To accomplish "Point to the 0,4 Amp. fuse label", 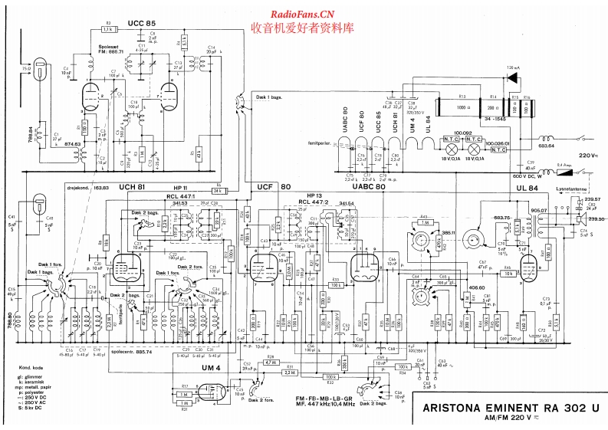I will (x=563, y=165).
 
